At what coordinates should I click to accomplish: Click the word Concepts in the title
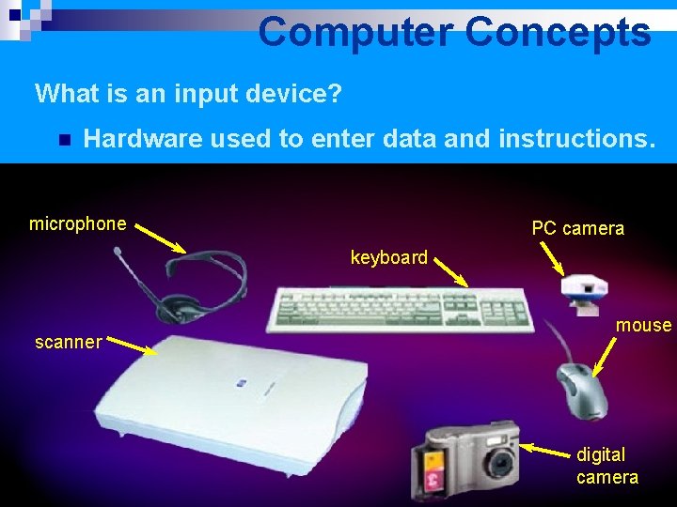(x=557, y=32)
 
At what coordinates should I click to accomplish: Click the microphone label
(x=77, y=223)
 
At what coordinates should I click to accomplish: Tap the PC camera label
(x=577, y=228)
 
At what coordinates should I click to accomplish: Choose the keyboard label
(x=388, y=257)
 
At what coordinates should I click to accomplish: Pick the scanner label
(x=68, y=342)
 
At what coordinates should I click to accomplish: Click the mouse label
(x=643, y=326)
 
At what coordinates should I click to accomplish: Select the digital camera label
(x=606, y=466)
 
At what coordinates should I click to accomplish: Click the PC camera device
(x=584, y=290)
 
